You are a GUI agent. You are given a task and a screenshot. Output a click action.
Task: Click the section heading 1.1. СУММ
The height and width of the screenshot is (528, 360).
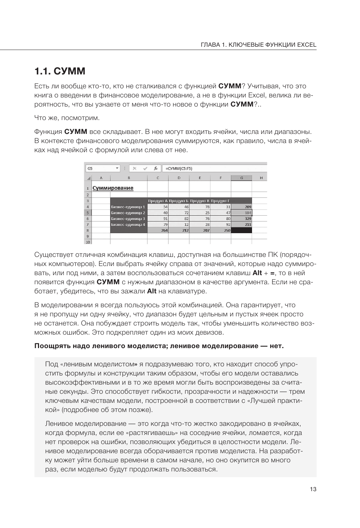pos(60,72)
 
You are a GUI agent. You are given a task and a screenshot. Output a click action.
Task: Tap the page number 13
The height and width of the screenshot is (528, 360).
pos(313,489)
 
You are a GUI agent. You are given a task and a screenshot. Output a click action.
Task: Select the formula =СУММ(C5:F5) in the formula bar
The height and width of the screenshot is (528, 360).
pos(179,169)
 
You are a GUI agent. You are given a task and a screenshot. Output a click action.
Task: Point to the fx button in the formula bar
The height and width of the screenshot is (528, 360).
pos(155,169)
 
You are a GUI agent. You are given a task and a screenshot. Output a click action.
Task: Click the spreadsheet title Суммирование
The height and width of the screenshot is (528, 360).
pos(113,188)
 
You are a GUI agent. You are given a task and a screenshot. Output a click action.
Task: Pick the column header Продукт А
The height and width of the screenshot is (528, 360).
pos(158,201)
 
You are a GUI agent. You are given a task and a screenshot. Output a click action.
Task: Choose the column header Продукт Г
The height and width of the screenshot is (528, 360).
pos(220,201)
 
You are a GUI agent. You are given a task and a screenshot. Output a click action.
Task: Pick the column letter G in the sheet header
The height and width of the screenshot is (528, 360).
pos(241,178)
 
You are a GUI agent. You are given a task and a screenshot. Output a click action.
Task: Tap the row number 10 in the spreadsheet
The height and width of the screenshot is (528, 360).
pos(88,242)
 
